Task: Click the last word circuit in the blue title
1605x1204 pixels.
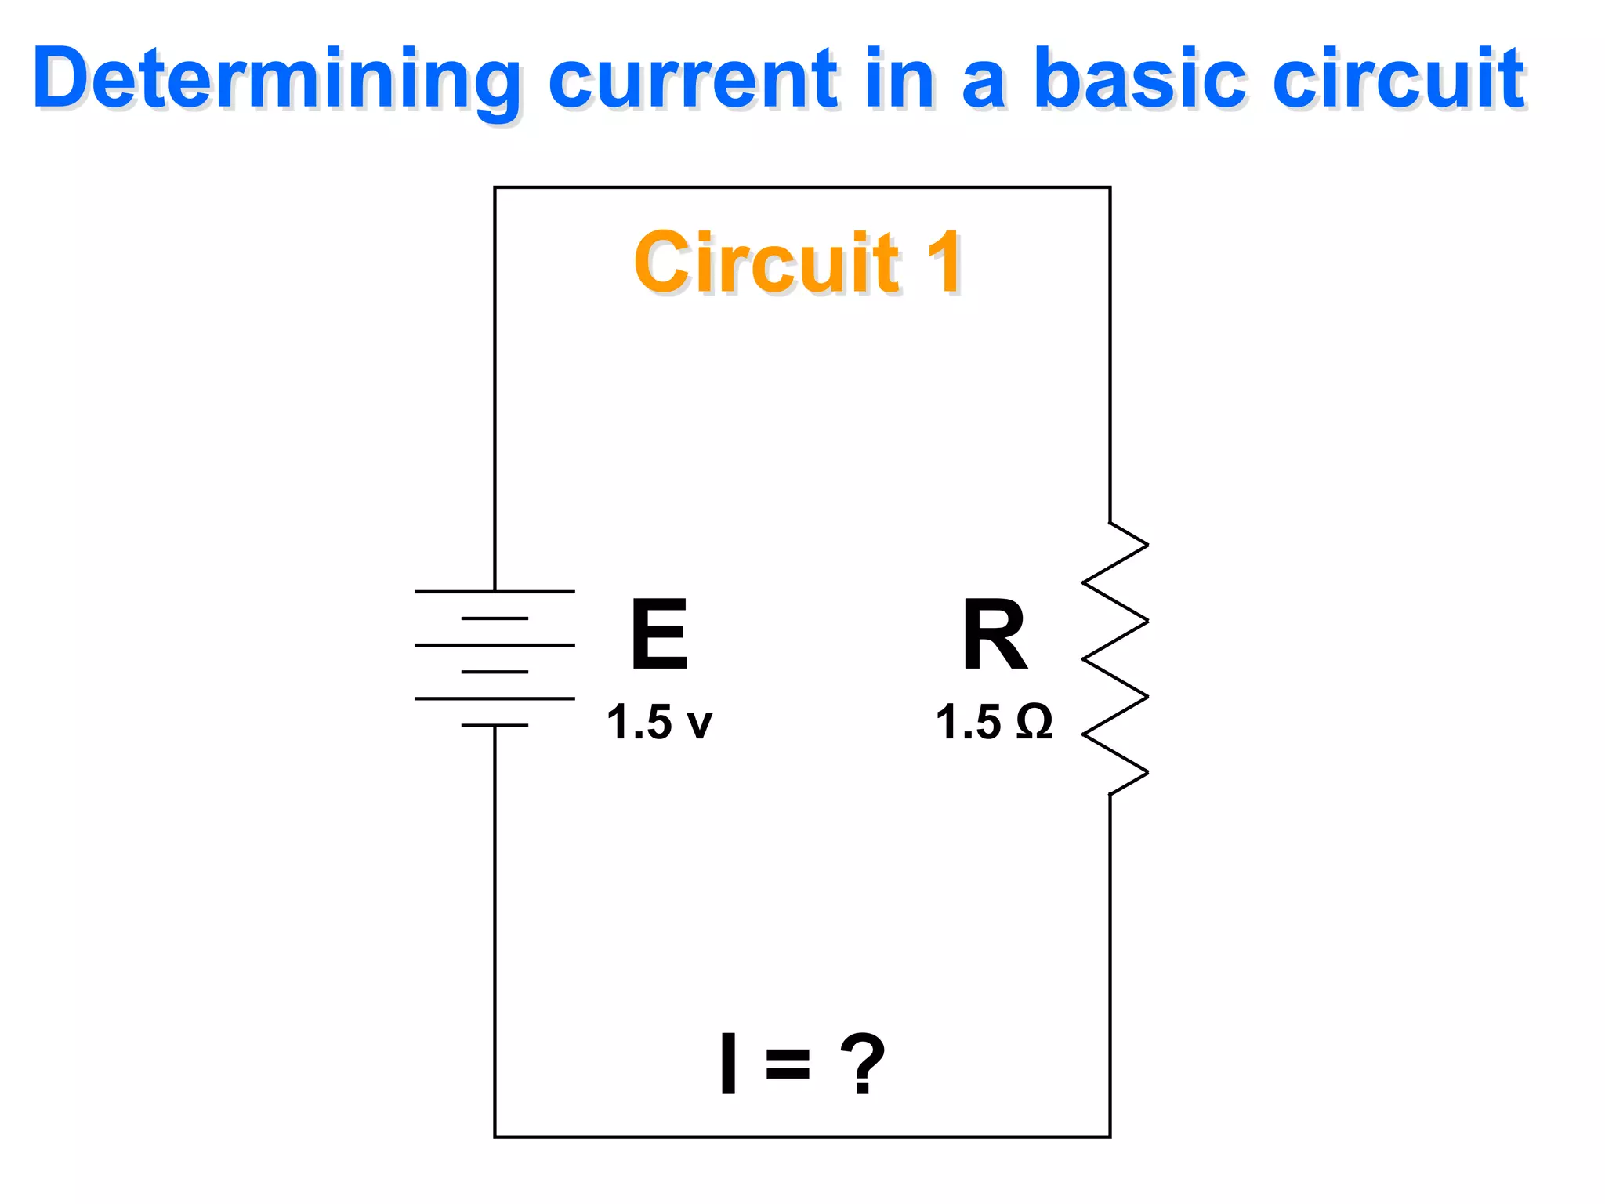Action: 1400,79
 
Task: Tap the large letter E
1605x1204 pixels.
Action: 659,634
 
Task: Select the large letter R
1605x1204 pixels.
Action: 994,634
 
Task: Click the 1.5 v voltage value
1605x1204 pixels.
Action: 659,722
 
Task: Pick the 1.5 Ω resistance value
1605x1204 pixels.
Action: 994,722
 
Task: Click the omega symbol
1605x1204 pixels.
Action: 1034,722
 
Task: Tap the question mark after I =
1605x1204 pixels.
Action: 862,1064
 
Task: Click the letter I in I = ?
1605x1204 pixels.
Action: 728,1064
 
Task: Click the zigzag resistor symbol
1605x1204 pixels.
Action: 1114,658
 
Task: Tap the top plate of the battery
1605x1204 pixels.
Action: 495,591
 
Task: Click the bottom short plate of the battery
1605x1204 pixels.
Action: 495,725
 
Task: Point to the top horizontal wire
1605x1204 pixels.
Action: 802,187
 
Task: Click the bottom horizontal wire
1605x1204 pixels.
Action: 802,1137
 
